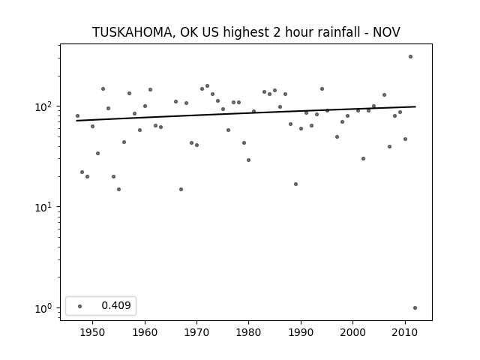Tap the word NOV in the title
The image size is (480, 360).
pyautogui.click(x=386, y=32)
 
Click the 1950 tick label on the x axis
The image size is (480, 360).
pyautogui.click(x=92, y=332)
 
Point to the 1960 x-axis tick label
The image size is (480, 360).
pyautogui.click(x=145, y=332)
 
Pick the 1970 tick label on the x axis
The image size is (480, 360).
pyautogui.click(x=196, y=332)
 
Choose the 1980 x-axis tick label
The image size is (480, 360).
pyautogui.click(x=248, y=332)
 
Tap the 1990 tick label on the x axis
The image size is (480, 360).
pyautogui.click(x=301, y=332)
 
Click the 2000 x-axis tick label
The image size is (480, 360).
pyautogui.click(x=353, y=332)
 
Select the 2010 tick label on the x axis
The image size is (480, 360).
pyautogui.click(x=405, y=332)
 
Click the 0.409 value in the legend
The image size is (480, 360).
pyautogui.click(x=116, y=305)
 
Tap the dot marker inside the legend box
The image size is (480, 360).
pyautogui.click(x=80, y=306)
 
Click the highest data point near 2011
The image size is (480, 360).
pyautogui.click(x=410, y=57)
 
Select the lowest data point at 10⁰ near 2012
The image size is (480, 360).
pyautogui.click(x=415, y=308)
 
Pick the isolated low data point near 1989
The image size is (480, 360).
pyautogui.click(x=295, y=184)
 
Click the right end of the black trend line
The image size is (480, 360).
pyautogui.click(x=415, y=106)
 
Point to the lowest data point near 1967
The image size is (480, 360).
pyautogui.click(x=181, y=190)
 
